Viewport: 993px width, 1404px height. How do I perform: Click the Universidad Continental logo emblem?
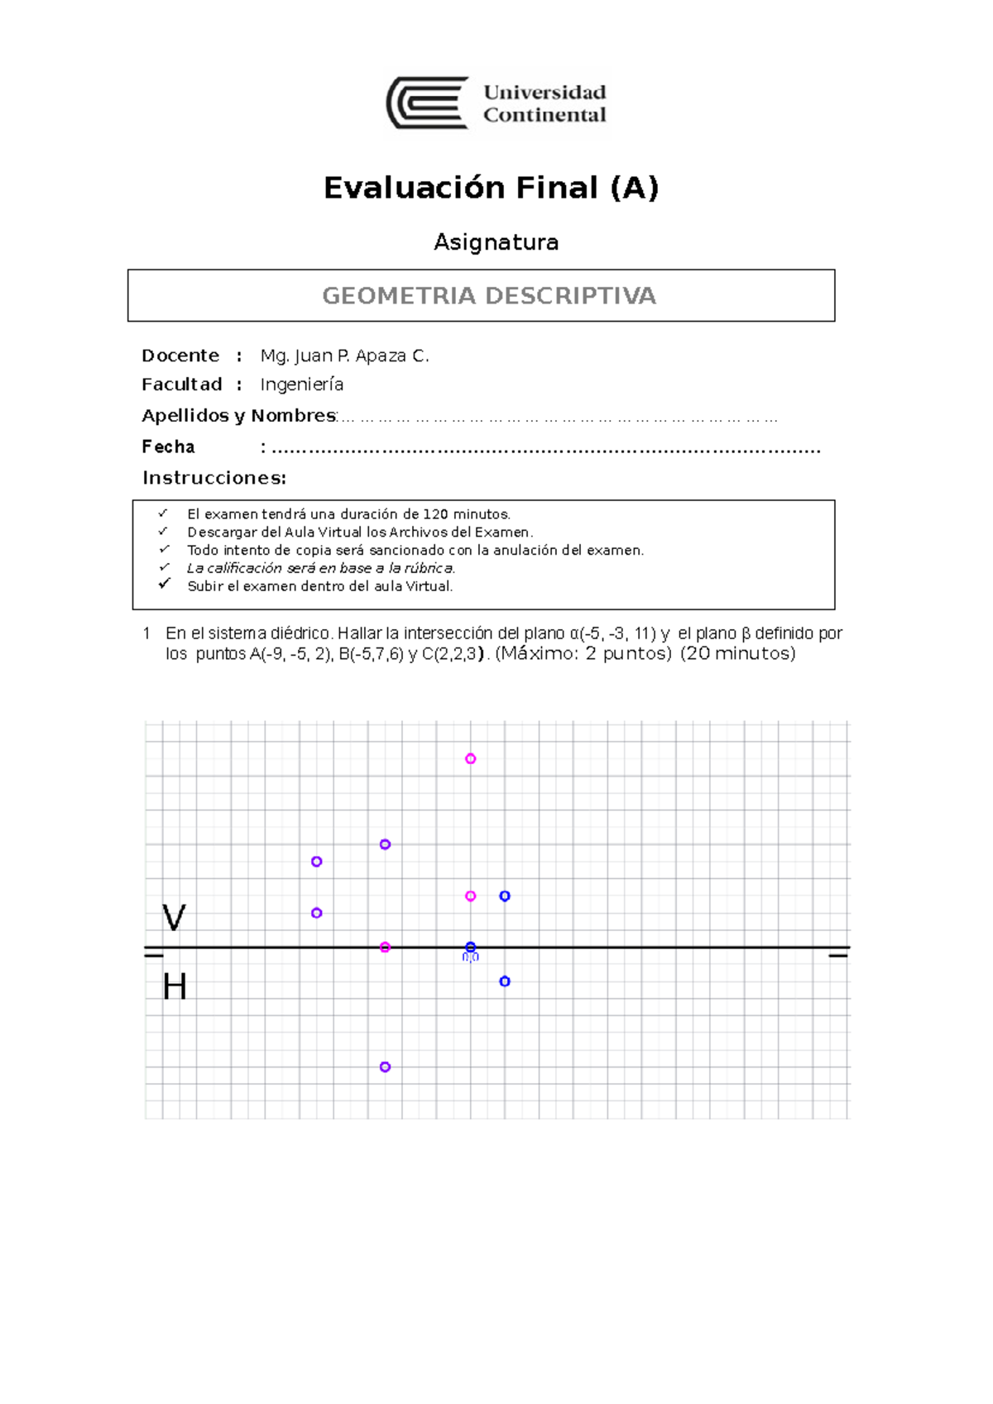[428, 103]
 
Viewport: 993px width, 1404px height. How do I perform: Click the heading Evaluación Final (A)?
[491, 188]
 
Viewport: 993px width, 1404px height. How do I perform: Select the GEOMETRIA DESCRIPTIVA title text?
[488, 296]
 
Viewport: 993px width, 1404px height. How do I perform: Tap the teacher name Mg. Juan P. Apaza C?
[344, 356]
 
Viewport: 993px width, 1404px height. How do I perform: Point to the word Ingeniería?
[301, 384]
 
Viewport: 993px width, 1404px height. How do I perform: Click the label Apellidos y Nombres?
[238, 415]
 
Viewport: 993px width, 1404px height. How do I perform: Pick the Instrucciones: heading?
[214, 478]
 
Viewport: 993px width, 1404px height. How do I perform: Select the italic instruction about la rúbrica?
[321, 568]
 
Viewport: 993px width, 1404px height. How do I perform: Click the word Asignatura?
[496, 242]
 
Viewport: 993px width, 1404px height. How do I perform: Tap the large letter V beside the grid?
[174, 918]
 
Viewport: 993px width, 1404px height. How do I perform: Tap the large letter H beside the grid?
[175, 986]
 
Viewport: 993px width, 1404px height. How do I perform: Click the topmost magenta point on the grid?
[470, 758]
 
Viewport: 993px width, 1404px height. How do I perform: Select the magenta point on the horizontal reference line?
[385, 948]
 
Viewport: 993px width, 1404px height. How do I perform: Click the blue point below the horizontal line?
[505, 981]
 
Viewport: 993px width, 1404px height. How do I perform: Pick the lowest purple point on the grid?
[385, 1067]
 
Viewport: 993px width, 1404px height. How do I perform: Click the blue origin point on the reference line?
[470, 948]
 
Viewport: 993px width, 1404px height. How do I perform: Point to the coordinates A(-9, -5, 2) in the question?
[290, 654]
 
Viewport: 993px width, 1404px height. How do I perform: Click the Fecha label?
[168, 447]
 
